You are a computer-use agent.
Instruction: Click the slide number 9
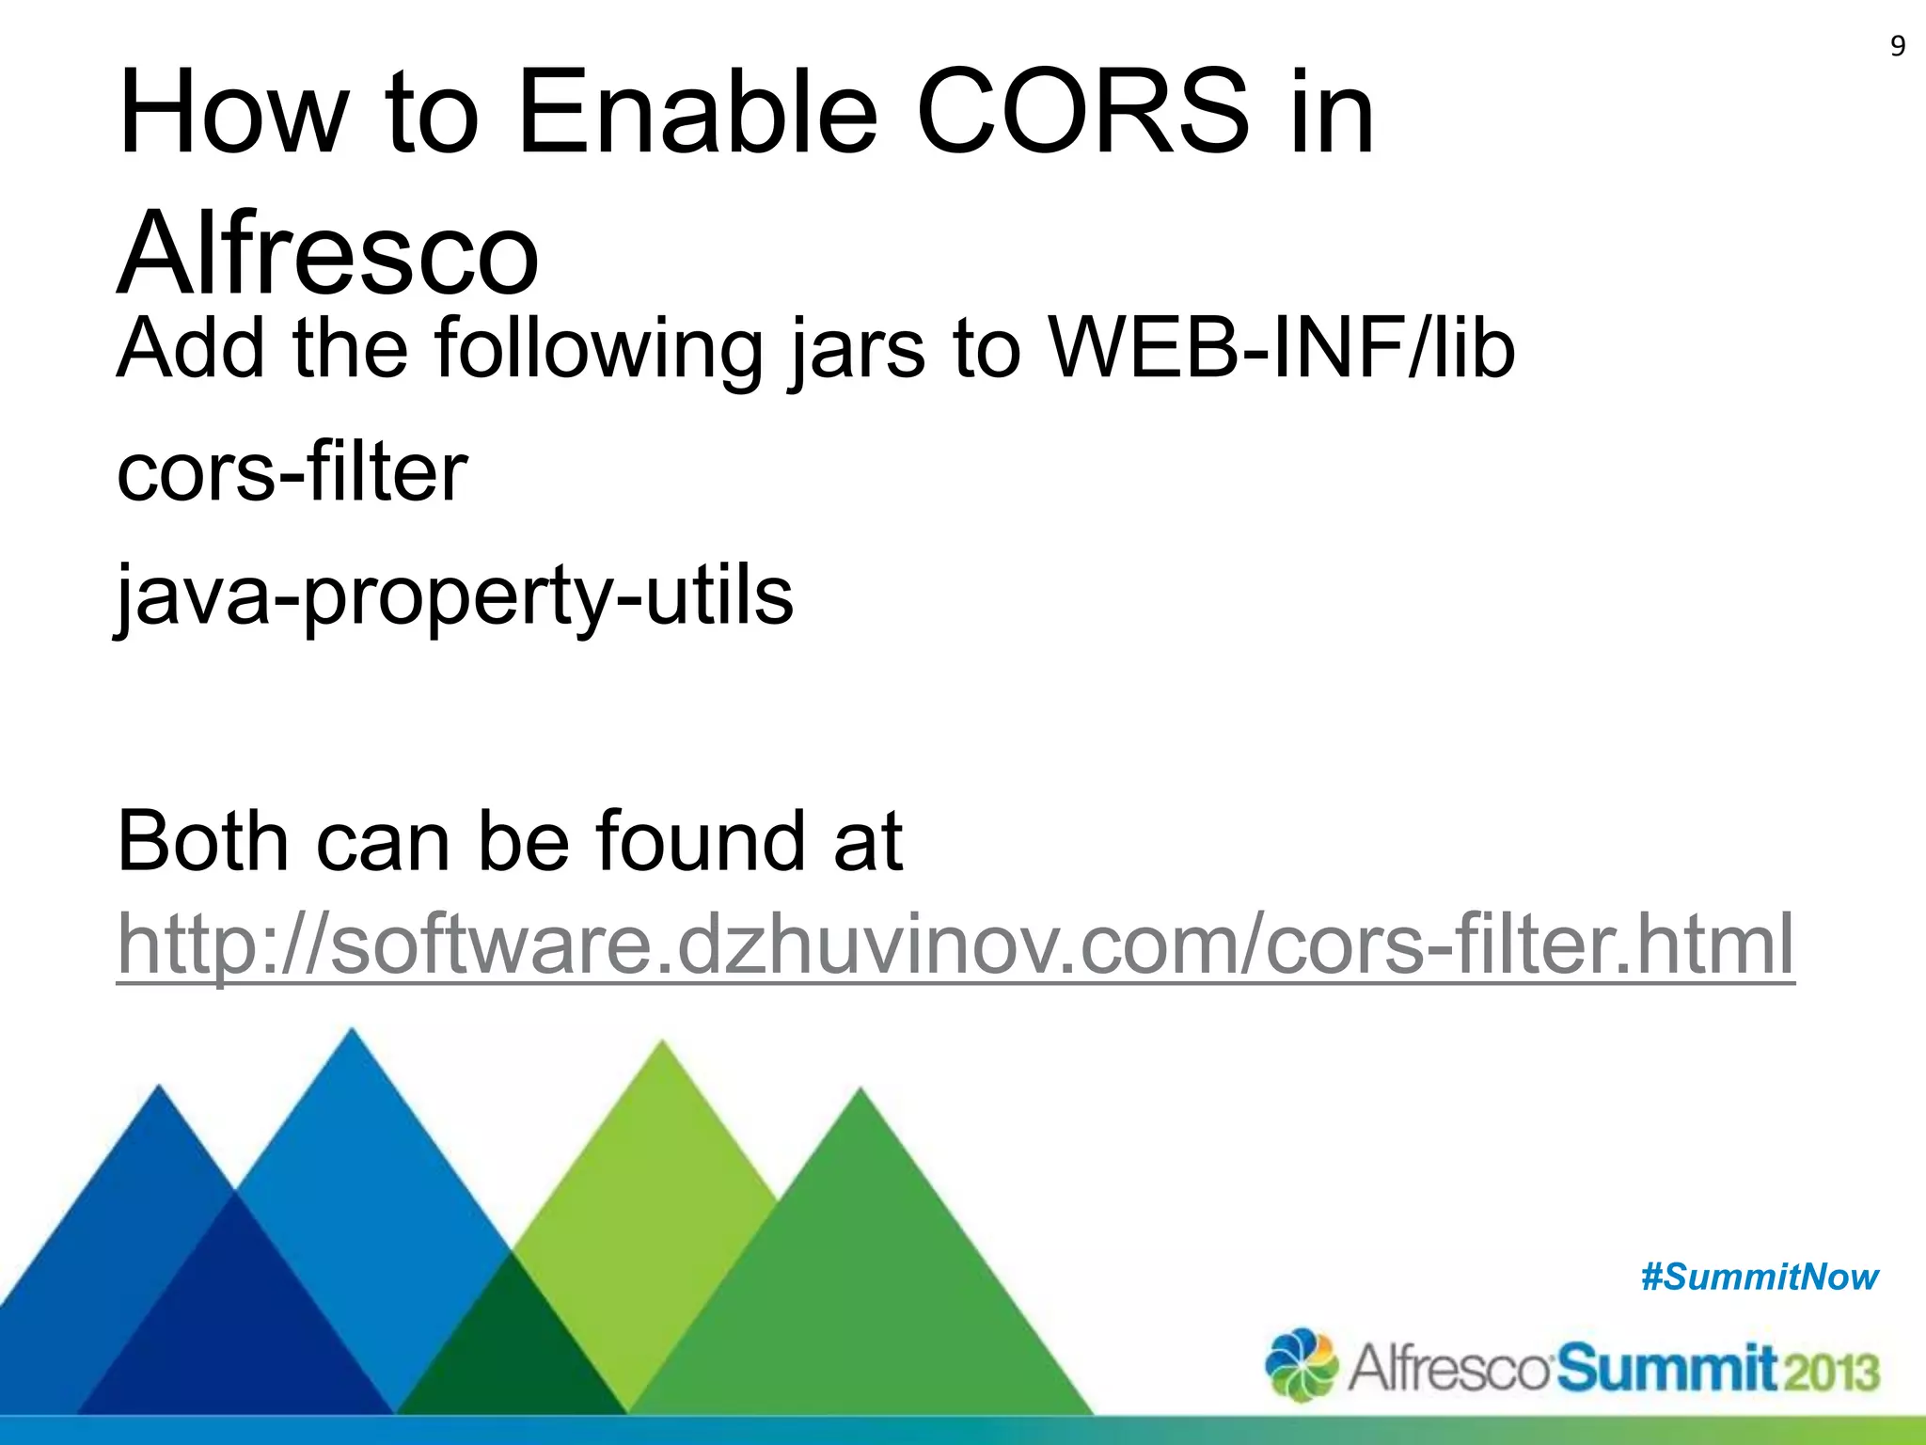tap(1898, 46)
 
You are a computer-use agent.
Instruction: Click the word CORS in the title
tap(1082, 113)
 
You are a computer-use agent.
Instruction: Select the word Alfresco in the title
tap(327, 254)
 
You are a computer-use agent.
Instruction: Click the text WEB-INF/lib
tap(1281, 349)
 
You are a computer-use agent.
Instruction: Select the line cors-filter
tap(292, 472)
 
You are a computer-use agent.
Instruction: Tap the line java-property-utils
tap(455, 596)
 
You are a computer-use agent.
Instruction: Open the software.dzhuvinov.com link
tap(955, 944)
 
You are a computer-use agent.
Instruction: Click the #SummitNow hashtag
tap(1759, 1278)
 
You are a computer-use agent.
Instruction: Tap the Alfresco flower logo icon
tap(1301, 1365)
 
